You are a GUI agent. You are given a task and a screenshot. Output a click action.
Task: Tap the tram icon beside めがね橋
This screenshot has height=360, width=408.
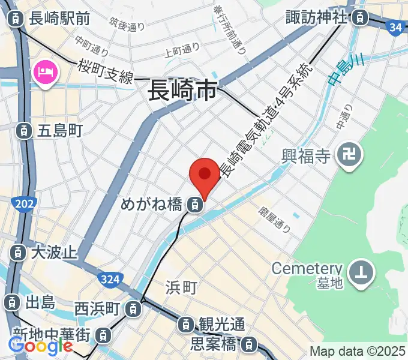coord(194,205)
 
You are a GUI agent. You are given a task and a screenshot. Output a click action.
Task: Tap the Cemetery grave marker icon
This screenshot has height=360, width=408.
coord(362,271)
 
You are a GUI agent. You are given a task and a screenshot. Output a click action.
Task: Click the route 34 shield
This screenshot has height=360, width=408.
coord(394,27)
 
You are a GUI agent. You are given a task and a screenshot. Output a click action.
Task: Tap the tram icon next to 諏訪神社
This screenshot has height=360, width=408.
coord(359,17)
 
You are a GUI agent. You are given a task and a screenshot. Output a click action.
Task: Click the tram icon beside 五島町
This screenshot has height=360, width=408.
coord(23,130)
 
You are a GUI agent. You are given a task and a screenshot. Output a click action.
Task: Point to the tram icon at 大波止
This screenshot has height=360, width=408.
coord(18,252)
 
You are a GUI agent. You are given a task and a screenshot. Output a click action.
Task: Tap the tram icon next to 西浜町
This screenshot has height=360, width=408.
coord(133,310)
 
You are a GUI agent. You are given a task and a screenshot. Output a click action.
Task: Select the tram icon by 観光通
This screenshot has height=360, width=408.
coord(187,325)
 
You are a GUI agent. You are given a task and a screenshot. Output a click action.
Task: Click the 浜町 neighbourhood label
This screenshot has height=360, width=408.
coord(181,289)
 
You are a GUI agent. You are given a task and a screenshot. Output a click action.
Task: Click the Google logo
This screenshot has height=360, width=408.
coord(40,346)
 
